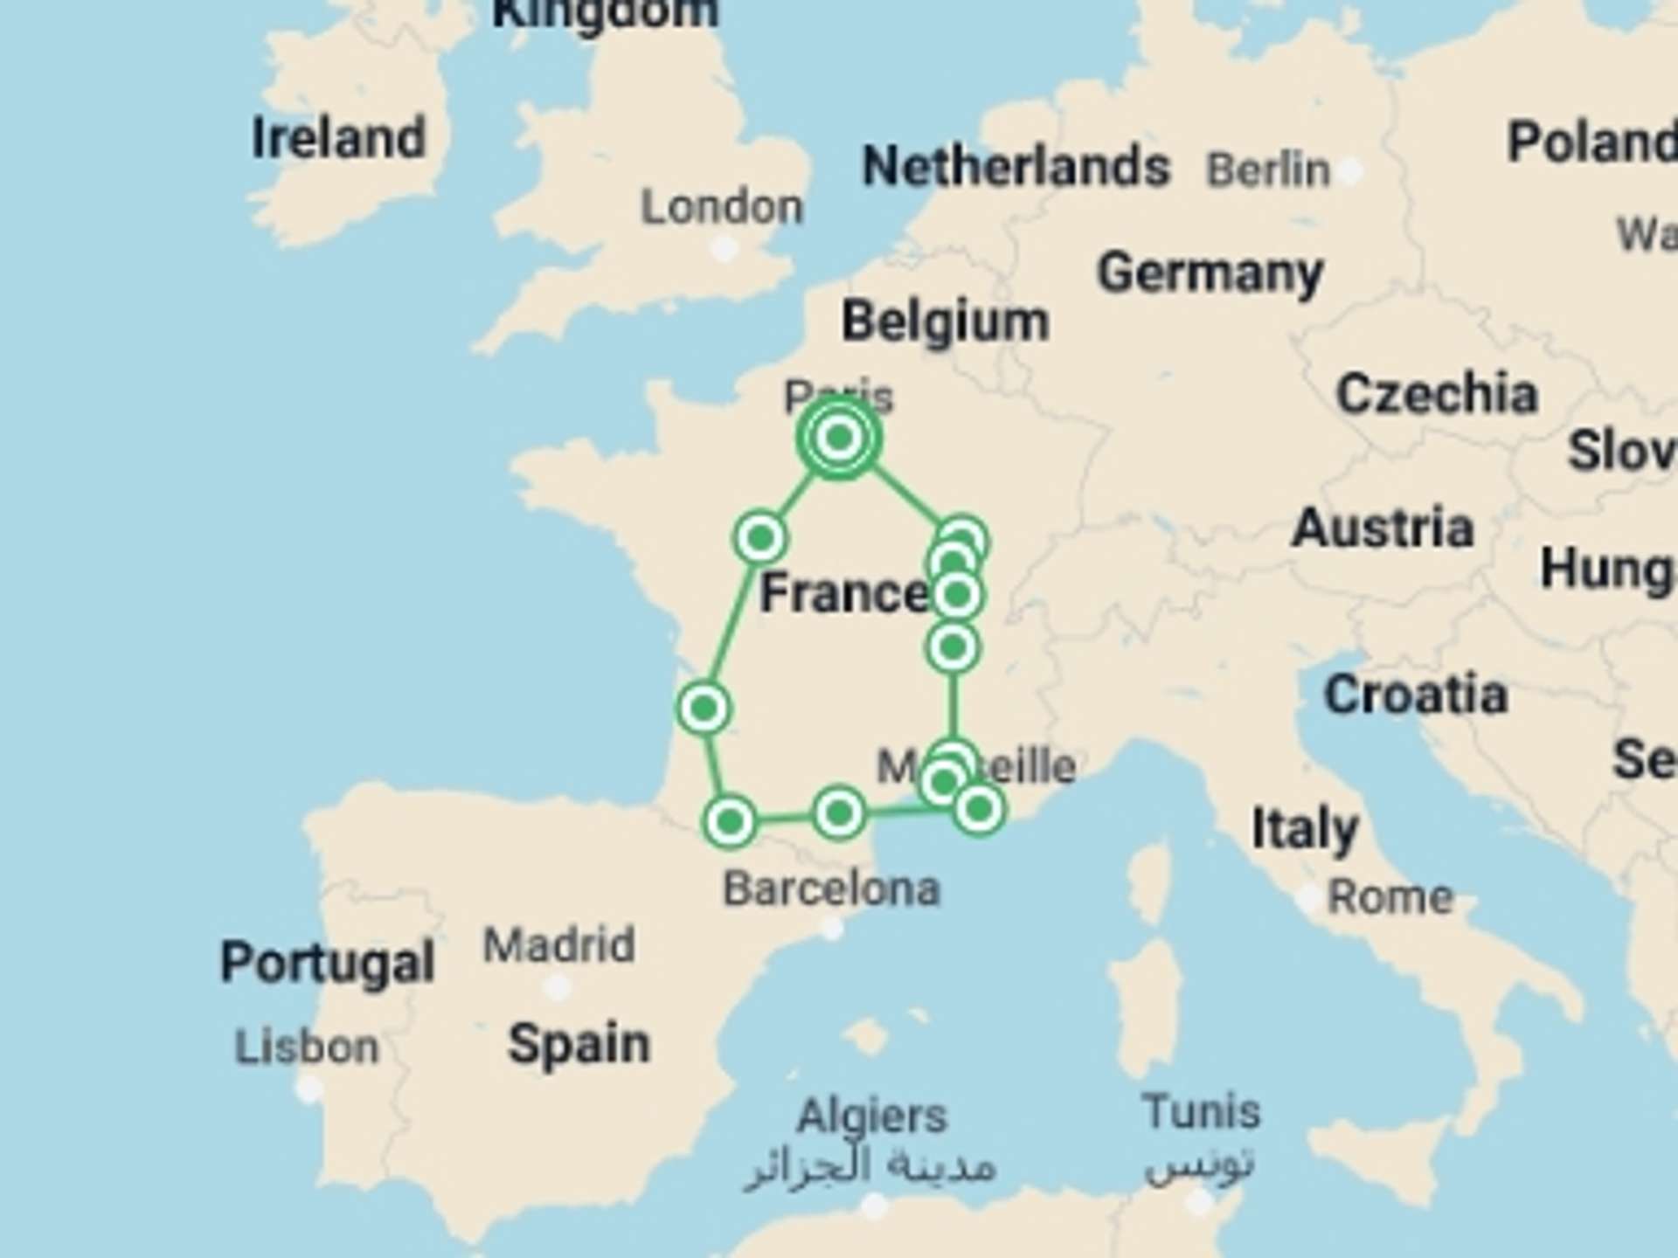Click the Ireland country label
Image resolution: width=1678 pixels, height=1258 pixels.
pos(338,138)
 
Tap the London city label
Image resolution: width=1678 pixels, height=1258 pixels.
pos(721,208)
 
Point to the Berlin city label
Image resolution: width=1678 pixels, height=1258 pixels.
pos(1267,169)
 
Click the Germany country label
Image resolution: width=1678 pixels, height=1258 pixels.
pos(1210,273)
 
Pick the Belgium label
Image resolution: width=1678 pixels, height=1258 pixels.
pos(945,321)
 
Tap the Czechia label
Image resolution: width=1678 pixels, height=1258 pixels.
pos(1436,394)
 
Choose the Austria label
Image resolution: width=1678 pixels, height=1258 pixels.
pos(1382,529)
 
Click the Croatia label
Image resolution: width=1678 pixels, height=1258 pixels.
pos(1415,695)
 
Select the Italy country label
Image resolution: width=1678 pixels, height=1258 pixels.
pos(1304,828)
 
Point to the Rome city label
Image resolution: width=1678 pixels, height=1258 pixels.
pos(1390,897)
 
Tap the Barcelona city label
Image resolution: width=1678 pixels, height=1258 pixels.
pos(831,889)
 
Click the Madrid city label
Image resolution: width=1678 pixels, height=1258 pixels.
pos(559,945)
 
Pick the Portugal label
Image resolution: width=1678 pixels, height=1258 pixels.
pos(327,963)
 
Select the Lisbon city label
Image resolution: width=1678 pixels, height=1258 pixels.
pos(307,1047)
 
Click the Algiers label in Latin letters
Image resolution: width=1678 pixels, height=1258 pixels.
pos(871,1116)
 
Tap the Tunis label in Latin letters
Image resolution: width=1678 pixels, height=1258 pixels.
pos(1201,1112)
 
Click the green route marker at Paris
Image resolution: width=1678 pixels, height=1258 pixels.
pos(838,438)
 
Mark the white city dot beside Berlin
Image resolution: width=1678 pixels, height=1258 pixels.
pos(1350,170)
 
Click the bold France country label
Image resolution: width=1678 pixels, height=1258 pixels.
pos(844,594)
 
